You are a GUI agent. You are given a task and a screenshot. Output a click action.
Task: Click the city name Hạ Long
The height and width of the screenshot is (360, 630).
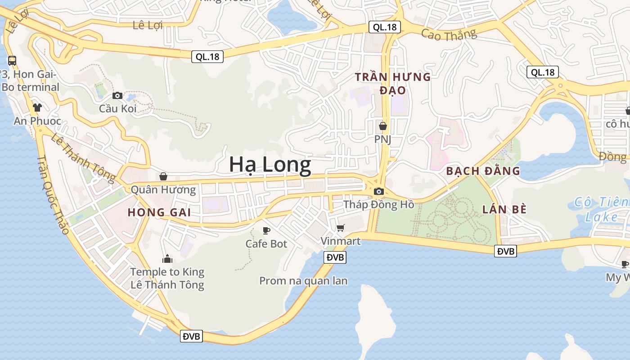(x=270, y=165)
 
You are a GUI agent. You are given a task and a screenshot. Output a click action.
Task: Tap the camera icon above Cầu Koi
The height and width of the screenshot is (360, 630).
(x=117, y=95)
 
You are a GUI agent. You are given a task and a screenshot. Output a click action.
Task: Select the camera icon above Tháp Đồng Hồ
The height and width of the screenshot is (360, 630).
(x=378, y=191)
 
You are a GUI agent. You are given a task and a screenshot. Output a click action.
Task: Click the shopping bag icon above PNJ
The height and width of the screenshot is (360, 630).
(x=383, y=126)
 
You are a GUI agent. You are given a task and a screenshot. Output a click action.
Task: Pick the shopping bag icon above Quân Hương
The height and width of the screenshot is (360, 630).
(x=163, y=176)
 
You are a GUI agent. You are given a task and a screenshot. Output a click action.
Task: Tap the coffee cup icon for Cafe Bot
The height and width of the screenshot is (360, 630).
(x=266, y=231)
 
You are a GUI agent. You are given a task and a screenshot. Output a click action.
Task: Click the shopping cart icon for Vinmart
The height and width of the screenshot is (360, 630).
(x=341, y=228)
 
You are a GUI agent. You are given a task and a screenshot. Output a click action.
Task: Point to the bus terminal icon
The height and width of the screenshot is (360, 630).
(x=12, y=60)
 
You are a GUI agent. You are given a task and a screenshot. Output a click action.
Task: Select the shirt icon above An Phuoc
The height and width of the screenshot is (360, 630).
(x=37, y=107)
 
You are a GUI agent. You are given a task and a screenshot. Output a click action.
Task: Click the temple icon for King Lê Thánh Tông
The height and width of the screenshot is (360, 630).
(x=167, y=259)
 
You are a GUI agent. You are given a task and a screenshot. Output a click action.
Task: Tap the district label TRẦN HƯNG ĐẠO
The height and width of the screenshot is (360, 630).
(x=393, y=83)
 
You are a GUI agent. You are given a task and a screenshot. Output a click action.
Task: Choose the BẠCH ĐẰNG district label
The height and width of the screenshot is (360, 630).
(x=483, y=171)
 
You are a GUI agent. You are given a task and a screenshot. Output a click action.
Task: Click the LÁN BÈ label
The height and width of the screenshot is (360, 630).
(x=504, y=209)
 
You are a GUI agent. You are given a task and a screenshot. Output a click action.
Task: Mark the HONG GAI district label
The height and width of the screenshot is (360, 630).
(x=159, y=212)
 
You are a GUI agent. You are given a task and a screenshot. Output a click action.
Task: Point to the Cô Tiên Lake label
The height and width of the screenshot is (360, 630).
(x=601, y=209)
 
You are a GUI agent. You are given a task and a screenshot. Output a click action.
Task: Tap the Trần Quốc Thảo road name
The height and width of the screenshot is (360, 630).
(x=53, y=194)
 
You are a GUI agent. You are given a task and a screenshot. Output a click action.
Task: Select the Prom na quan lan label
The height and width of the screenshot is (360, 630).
(x=303, y=281)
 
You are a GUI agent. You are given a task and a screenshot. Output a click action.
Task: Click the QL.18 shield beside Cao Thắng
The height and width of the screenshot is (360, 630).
(x=384, y=27)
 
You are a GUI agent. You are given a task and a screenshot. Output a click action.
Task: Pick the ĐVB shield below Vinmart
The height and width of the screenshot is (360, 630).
(x=335, y=257)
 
